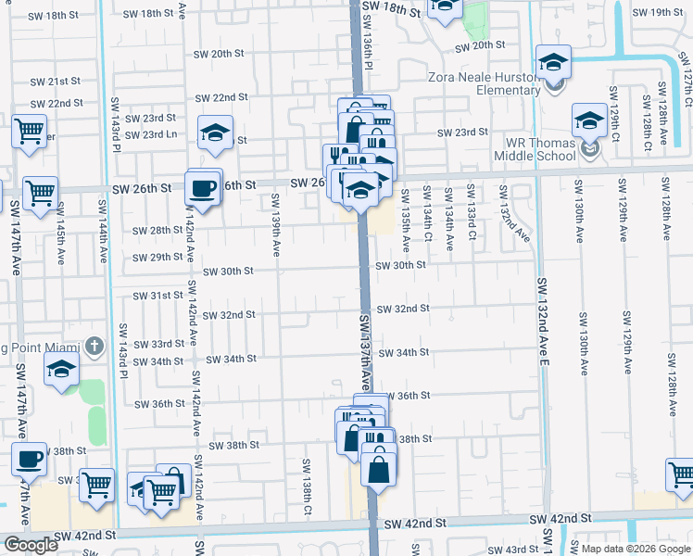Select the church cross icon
(93, 347)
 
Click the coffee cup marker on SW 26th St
(204, 188)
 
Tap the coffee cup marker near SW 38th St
(29, 460)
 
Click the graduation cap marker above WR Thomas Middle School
(589, 120)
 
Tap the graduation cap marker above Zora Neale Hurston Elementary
(553, 62)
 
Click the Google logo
(31, 545)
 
